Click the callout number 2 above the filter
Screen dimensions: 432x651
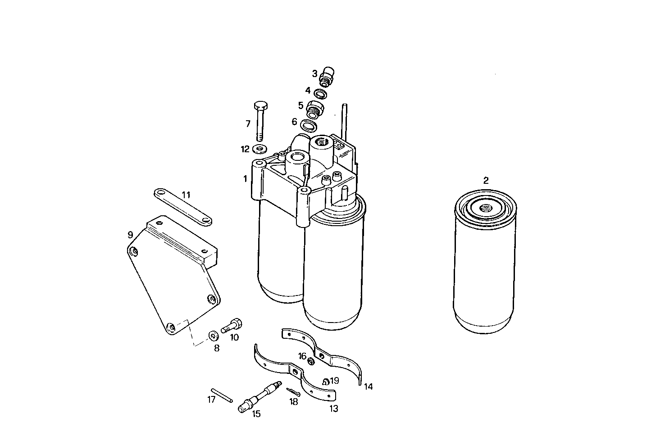pyautogui.click(x=486, y=181)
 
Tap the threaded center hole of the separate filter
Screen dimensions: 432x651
pyautogui.click(x=486, y=209)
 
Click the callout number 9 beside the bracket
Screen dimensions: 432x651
pyautogui.click(x=130, y=235)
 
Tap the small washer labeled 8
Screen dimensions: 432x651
pyautogui.click(x=214, y=335)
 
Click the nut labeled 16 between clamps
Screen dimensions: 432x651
pyautogui.click(x=311, y=361)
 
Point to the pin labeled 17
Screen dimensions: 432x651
pyautogui.click(x=221, y=395)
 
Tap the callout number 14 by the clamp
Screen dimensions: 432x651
pyautogui.click(x=369, y=387)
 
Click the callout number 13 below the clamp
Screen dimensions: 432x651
pyautogui.click(x=334, y=409)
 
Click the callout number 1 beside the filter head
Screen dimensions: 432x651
pyautogui.click(x=245, y=179)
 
